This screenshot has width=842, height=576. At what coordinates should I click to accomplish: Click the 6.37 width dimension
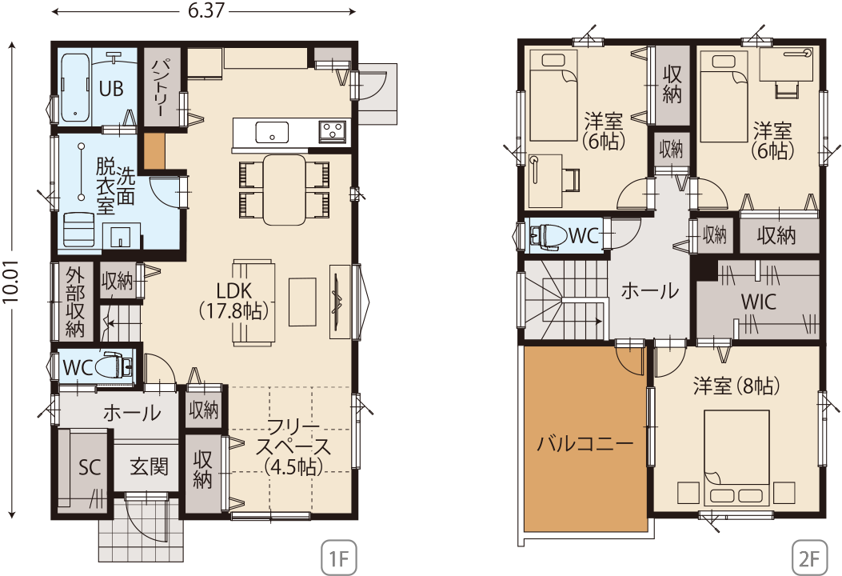coord(206,11)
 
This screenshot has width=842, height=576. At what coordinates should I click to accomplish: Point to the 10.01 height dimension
coord(10,282)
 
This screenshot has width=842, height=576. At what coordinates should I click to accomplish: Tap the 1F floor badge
coord(339,559)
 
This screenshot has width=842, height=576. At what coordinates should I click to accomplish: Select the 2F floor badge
coord(808,559)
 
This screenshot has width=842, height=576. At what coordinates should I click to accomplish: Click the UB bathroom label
coord(110,89)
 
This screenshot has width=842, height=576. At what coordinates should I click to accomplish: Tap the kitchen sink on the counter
coord(272,132)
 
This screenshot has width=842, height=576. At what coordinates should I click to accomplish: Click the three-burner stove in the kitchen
coord(333,131)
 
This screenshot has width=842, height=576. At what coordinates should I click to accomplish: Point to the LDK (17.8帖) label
coord(234,302)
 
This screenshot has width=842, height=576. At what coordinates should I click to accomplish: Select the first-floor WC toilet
coord(114,367)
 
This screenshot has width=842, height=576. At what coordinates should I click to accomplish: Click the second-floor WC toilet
coord(549,235)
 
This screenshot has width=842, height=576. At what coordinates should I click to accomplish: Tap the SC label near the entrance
coord(89,467)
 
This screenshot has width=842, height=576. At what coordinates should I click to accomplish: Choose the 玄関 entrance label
coord(149,466)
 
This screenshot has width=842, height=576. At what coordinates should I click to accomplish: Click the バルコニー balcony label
coord(585,444)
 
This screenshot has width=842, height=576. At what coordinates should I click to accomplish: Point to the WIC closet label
coord(758,302)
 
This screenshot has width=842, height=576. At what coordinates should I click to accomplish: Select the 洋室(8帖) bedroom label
coord(736,386)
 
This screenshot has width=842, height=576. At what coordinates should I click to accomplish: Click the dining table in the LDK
coord(284,190)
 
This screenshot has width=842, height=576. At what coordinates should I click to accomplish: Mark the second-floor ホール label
coord(650,290)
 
